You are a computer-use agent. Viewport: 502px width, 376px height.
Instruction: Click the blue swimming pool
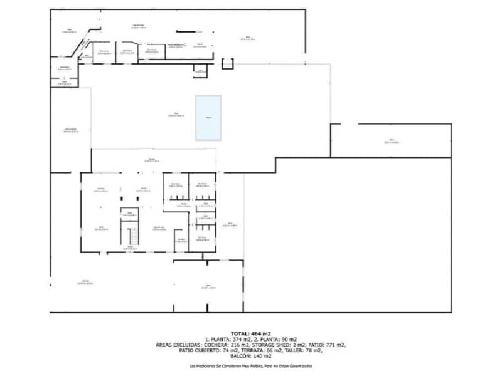(208, 118)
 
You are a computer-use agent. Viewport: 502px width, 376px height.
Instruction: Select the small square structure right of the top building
(227, 64)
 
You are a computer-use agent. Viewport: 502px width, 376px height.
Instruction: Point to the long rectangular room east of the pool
(390, 140)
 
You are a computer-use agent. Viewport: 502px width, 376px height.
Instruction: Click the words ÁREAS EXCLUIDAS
(179, 345)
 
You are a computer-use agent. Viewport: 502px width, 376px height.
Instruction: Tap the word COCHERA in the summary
(218, 345)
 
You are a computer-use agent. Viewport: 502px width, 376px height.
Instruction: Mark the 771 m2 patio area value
(336, 345)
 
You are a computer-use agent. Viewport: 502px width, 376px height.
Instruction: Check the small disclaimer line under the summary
(250, 366)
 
